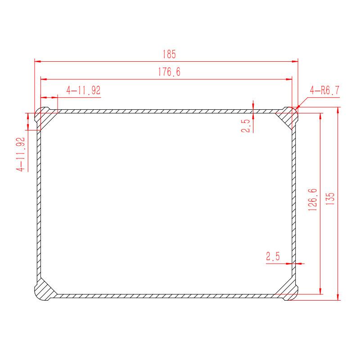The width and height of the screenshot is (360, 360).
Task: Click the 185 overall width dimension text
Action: [169, 54]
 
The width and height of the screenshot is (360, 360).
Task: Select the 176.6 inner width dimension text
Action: [169, 72]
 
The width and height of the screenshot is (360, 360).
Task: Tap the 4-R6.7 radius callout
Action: [324, 90]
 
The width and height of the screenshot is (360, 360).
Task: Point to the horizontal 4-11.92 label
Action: [83, 90]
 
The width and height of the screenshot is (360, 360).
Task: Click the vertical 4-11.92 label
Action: [20, 154]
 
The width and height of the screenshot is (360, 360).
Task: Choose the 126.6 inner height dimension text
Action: [312, 200]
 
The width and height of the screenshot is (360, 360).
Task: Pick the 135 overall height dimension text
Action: [330, 199]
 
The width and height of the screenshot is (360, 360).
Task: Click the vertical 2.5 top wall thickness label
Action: [245, 126]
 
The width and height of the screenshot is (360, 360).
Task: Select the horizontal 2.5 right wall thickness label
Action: [273, 256]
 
